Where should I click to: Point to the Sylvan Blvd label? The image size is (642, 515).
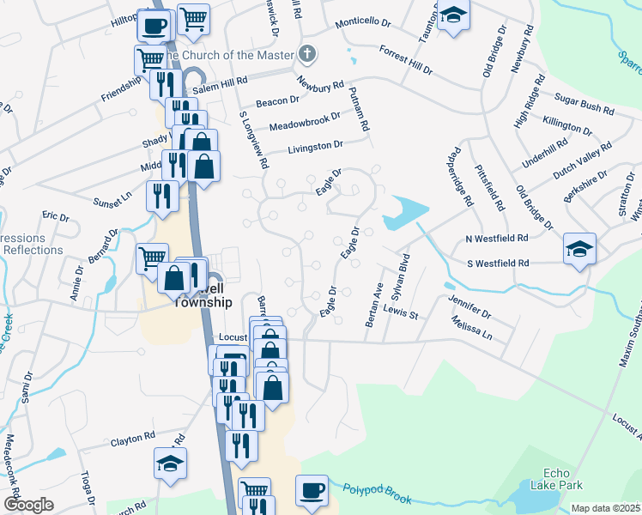[x=398, y=274]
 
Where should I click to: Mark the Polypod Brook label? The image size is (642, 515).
[x=378, y=494]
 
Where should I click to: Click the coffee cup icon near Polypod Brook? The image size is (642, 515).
[x=312, y=491]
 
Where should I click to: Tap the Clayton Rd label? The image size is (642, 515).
[x=132, y=439]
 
